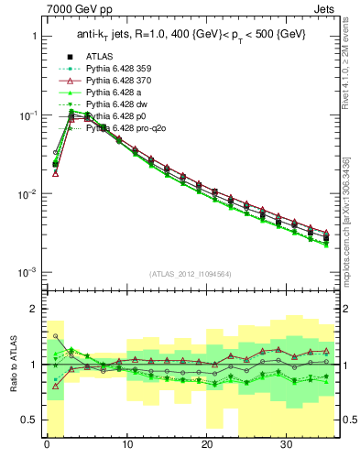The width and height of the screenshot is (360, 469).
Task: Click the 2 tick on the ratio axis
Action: [x=35, y=309]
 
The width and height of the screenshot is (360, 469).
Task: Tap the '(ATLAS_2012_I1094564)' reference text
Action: [x=191, y=273]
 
